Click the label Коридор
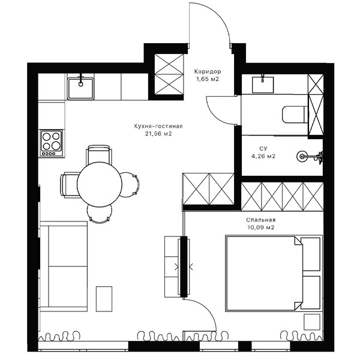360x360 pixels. [208, 71]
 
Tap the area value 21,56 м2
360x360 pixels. [158, 134]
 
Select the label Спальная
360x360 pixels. [260, 220]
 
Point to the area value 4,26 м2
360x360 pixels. [263, 156]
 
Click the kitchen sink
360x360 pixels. [80, 88]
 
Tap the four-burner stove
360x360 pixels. [52, 143]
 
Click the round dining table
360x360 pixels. [100, 184]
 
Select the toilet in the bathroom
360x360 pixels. [295, 115]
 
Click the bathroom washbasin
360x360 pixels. [263, 85]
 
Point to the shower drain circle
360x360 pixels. [302, 157]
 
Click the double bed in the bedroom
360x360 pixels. [274, 273]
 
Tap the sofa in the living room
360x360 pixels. [64, 266]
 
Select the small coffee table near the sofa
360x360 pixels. [104, 299]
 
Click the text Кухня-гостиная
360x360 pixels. [158, 126]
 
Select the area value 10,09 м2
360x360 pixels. [261, 227]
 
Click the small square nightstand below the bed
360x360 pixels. [311, 322]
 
